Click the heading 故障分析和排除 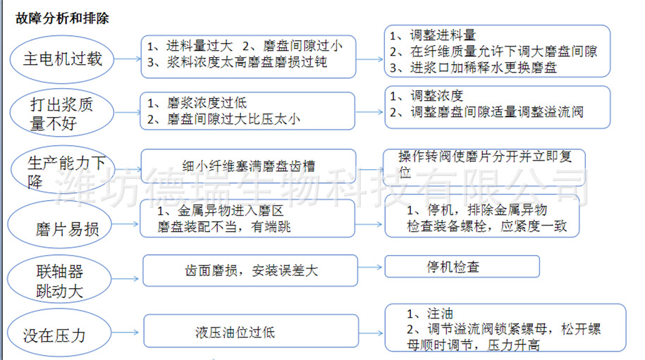coord(62,19)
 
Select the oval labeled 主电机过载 coord(63,58)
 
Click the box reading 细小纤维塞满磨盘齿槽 coord(247,166)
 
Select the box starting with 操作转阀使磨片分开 coord(485,166)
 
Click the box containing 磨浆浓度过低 coord(247,111)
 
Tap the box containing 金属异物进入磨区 coord(247,219)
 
